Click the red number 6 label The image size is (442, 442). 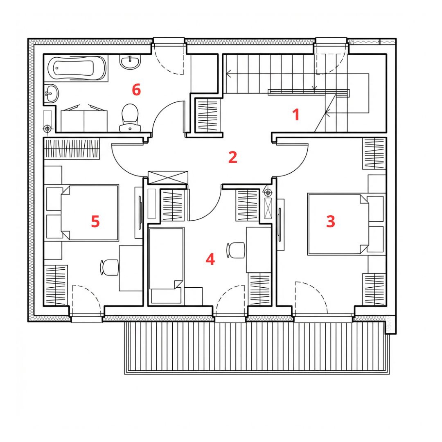click(136, 90)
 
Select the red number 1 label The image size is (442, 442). click(296, 115)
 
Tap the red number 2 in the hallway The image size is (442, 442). click(233, 157)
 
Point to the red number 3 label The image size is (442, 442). click(331, 221)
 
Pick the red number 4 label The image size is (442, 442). click(210, 259)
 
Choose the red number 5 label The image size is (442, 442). click(95, 221)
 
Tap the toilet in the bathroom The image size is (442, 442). click(130, 118)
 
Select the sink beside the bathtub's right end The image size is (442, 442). click(130, 61)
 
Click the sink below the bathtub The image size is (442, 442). click(51, 93)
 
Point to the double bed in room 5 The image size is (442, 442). click(90, 213)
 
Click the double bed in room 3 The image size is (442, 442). click(338, 224)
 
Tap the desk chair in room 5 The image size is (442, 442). click(109, 267)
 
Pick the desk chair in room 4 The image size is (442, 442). click(236, 250)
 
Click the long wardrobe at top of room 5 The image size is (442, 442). click(72, 149)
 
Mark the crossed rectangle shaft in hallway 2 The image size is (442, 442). click(168, 177)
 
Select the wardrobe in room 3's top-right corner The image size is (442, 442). click(374, 153)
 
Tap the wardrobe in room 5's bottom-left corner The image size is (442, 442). click(56, 285)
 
